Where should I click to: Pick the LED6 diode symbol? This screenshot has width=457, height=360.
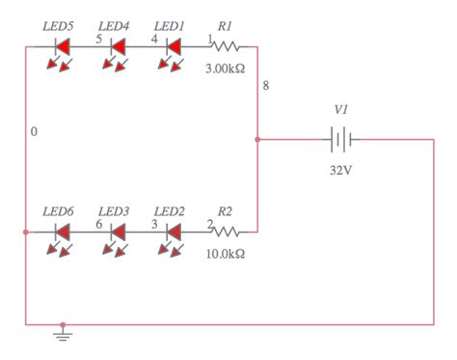point(63,232)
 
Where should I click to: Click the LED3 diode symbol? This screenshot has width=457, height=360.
point(119,232)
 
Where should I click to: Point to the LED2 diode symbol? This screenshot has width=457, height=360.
point(175,232)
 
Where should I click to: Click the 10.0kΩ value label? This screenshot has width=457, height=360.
point(225,255)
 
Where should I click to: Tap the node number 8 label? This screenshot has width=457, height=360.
point(266,88)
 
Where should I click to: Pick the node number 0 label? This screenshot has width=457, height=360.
point(35,131)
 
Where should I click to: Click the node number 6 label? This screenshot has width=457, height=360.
point(98,224)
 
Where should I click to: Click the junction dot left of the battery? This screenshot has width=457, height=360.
point(257,140)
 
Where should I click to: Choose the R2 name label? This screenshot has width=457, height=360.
point(225,209)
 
